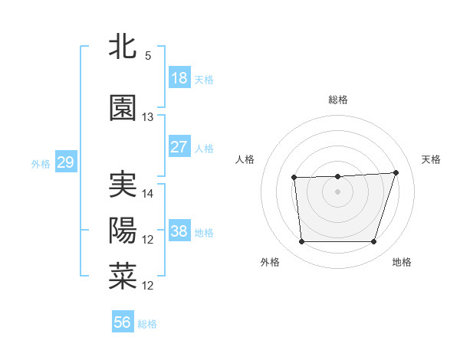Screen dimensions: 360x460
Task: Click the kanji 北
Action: point(123,46)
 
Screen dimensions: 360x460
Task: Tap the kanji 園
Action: point(123,108)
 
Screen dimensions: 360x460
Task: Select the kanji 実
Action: point(123,185)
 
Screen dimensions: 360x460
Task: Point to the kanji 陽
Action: point(123,231)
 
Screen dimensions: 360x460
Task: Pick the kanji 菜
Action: point(123,277)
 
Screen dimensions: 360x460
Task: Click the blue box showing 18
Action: point(179,78)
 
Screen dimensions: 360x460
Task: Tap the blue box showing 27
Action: point(179,147)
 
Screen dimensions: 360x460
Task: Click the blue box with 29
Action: point(65,162)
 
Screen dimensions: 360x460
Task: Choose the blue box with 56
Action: point(123,322)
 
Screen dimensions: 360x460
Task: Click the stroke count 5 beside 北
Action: point(148,55)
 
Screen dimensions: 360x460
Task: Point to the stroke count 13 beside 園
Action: point(148,117)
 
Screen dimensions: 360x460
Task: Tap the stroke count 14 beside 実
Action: point(148,194)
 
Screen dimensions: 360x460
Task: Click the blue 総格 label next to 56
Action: point(147,324)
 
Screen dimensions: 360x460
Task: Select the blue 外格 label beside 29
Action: point(41,163)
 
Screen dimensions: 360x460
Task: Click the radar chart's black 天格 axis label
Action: point(432,159)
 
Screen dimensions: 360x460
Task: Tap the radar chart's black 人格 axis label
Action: point(245,159)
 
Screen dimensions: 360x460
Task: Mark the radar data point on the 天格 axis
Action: point(396,172)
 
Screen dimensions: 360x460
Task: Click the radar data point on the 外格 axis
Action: point(301,242)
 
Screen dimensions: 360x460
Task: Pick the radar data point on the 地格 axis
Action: point(373,242)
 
